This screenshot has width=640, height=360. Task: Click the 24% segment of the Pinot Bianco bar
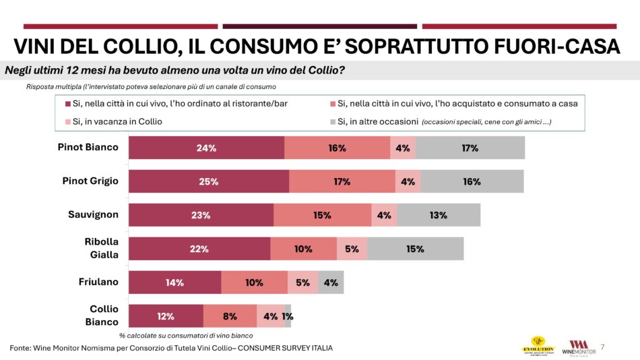[x=206, y=148]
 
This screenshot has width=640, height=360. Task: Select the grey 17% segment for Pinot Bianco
[x=470, y=148]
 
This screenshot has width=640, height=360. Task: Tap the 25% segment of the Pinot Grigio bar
[x=208, y=181]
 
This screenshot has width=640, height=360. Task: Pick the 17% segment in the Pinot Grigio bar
[x=342, y=181]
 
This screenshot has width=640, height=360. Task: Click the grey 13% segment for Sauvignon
[x=438, y=215]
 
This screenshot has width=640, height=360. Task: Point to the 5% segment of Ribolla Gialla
[x=352, y=249]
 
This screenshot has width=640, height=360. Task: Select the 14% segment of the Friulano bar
[x=174, y=282]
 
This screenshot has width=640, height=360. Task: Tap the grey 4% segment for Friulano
[x=331, y=282]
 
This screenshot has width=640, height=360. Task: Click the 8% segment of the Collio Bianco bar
[x=230, y=316]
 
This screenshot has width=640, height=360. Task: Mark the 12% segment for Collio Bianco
[x=166, y=316]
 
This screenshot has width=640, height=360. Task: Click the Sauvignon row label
[x=93, y=214]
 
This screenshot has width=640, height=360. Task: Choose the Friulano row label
[x=98, y=282]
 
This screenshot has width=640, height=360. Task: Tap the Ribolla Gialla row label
[x=101, y=248]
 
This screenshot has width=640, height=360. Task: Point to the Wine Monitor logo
[x=578, y=347]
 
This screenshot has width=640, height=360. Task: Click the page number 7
[x=602, y=347]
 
